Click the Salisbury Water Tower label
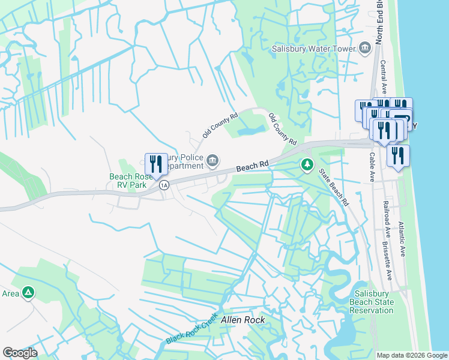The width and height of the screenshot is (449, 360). [313, 49]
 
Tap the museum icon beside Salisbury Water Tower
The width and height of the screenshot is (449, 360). [364, 49]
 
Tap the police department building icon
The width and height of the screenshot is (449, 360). [212, 160]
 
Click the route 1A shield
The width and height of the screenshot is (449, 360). [164, 185]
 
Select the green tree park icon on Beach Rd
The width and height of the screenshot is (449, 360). [307, 164]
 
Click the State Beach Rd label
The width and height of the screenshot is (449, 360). [334, 188]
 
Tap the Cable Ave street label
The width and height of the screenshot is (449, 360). [372, 167]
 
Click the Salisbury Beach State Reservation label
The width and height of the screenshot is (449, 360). [373, 302]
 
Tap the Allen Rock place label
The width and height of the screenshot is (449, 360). [243, 320]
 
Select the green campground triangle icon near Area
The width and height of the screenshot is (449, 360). [28, 293]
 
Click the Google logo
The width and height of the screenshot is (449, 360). [20, 353]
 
